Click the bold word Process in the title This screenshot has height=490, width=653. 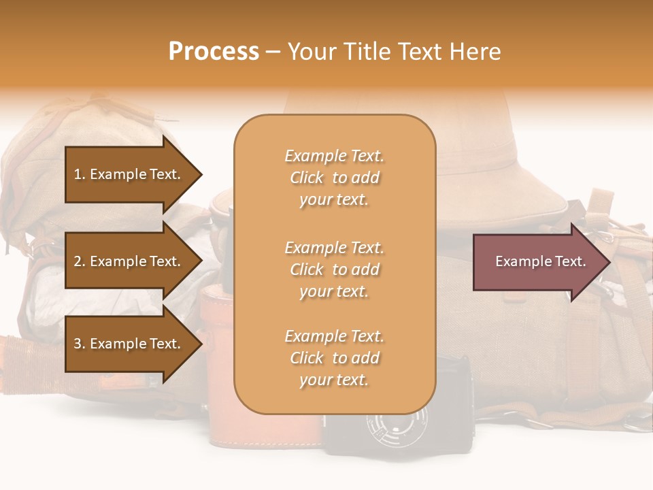click(x=214, y=52)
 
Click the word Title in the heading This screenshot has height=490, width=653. click(x=368, y=52)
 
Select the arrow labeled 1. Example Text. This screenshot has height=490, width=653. click(x=129, y=174)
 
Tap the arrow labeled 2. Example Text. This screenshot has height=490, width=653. click(x=129, y=261)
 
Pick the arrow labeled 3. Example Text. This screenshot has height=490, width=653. click(x=129, y=344)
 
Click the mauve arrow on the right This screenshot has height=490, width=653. click(x=537, y=261)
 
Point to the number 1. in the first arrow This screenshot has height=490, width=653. click(x=80, y=174)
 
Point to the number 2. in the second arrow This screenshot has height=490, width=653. click(x=80, y=261)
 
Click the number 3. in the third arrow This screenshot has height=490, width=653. click(x=80, y=344)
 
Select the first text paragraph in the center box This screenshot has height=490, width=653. click(x=334, y=178)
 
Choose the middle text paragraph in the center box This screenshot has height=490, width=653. click(x=334, y=269)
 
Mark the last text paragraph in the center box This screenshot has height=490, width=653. click(x=334, y=358)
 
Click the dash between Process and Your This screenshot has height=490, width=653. click(x=273, y=52)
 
